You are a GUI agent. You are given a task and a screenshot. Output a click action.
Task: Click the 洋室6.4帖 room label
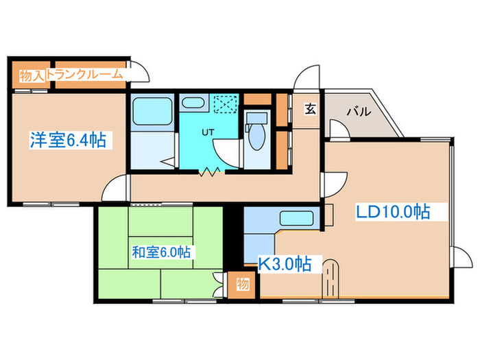67,141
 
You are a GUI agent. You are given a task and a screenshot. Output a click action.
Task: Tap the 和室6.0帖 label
160,252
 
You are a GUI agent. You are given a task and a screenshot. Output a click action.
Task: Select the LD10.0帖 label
393,212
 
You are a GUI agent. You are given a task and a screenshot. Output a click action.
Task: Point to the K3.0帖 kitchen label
285,263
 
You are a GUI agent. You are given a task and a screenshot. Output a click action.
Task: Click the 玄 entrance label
310,108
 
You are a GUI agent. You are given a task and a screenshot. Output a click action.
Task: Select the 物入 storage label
32,75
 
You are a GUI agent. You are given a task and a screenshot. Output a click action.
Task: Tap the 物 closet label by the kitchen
242,283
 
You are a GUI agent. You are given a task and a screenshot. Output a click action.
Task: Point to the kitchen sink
296,219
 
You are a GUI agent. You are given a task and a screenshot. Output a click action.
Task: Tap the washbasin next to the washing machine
193,104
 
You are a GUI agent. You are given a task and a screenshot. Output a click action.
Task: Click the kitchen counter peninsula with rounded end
331,276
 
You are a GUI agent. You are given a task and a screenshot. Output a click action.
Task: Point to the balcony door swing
337,129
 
